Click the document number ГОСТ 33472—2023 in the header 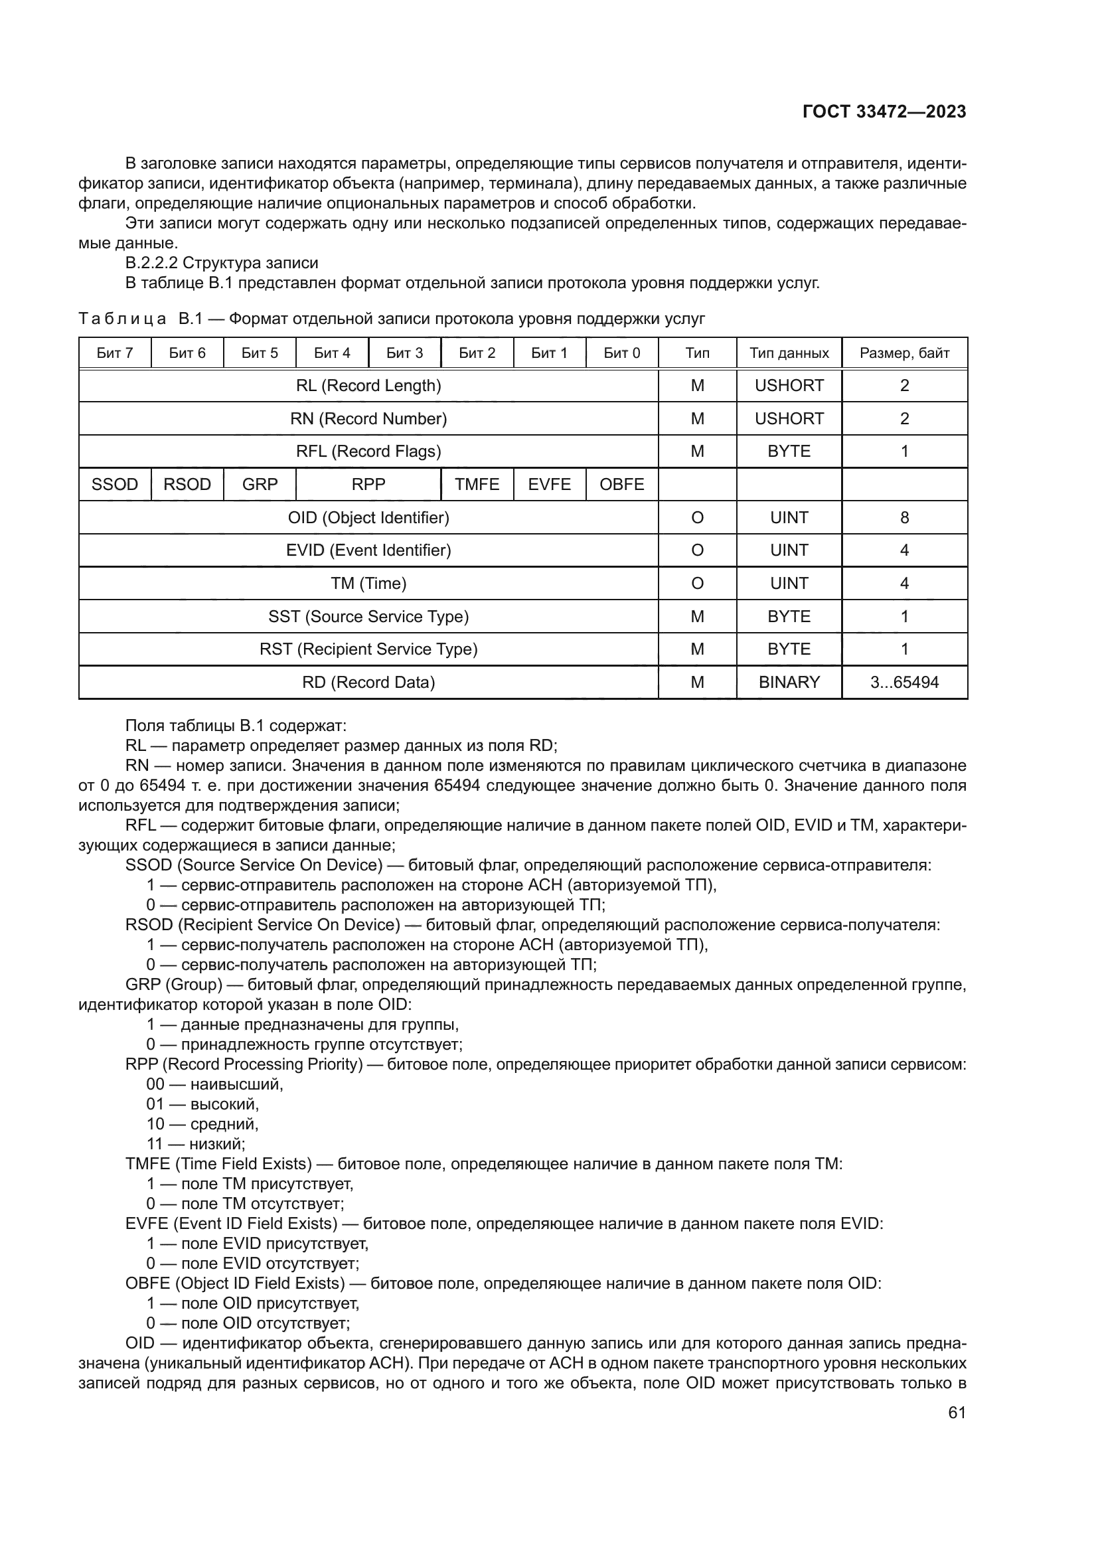[884, 112]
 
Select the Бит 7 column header [115, 353]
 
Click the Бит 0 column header [621, 353]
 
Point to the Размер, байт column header [904, 353]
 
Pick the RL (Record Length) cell [368, 386]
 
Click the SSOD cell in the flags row [115, 484]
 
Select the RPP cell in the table [368, 484]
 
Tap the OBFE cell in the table [621, 484]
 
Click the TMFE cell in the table [477, 484]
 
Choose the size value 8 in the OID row [904, 517]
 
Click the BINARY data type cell [789, 682]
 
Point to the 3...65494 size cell [904, 682]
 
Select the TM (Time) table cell [368, 583]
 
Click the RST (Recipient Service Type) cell [368, 649]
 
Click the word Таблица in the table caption [122, 319]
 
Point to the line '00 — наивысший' [214, 1084]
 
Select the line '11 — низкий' [195, 1144]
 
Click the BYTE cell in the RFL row [789, 451]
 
